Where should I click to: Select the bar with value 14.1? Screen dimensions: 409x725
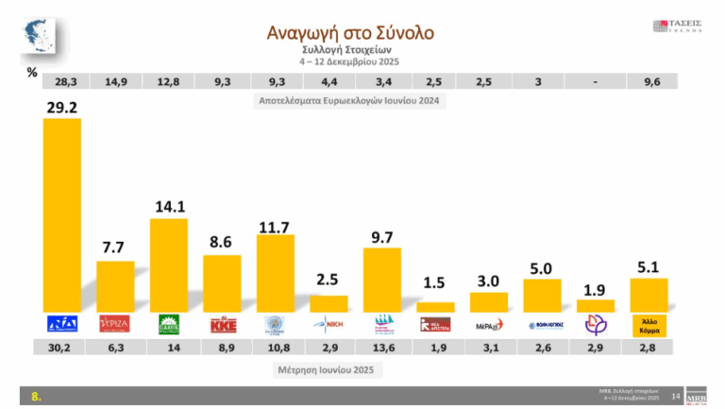point(168,265)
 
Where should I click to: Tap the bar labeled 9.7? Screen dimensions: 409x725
point(381,280)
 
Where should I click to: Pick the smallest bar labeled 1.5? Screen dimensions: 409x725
point(435,307)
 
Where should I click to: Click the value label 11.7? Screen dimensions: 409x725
point(276,227)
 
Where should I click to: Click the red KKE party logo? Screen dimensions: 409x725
point(222,324)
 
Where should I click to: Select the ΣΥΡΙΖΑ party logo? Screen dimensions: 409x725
point(115,324)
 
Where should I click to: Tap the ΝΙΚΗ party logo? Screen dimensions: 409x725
point(329,324)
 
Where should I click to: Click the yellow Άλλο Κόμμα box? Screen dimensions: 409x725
point(649,324)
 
